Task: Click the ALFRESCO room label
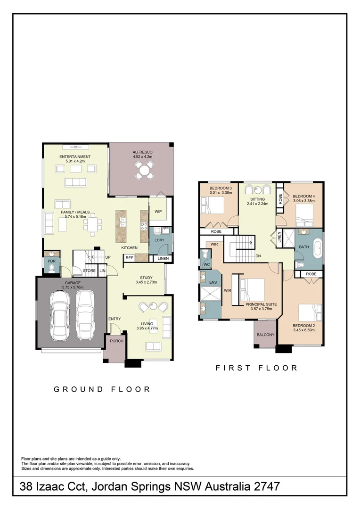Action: pyautogui.click(x=142, y=152)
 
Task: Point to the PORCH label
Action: pyautogui.click(x=116, y=341)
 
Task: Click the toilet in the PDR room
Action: pyautogui.click(x=51, y=268)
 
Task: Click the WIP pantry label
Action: pyautogui.click(x=158, y=212)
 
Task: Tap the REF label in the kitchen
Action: pyautogui.click(x=129, y=258)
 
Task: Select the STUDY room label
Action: pyautogui.click(x=146, y=278)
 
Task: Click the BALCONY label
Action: pyautogui.click(x=265, y=335)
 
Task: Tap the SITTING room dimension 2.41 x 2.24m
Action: pyautogui.click(x=257, y=204)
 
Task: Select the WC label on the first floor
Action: pyautogui.click(x=206, y=265)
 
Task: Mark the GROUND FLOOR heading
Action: pyautogui.click(x=102, y=389)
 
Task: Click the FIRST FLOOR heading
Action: pyautogui.click(x=256, y=368)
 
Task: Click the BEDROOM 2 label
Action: pyautogui.click(x=303, y=326)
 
